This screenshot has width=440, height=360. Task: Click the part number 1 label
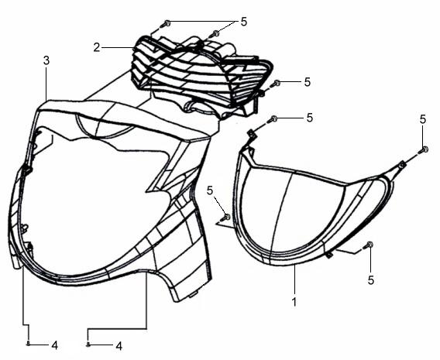coord(294,302)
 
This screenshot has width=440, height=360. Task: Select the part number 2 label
coord(97,47)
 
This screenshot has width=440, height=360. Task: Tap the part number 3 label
coord(46,60)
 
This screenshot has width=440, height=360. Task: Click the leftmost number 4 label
coord(55,345)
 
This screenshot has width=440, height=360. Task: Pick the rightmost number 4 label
coord(119,346)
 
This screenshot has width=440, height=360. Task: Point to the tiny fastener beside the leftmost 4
coord(28,344)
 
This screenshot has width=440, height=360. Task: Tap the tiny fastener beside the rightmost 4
coord(88,344)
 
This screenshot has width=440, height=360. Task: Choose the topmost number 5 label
coord(243,22)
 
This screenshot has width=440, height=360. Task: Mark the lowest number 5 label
coord(371,279)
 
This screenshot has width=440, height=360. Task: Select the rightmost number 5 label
coord(423,119)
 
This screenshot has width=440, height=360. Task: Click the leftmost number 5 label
coord(210,190)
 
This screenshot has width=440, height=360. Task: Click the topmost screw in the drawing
coord(165,23)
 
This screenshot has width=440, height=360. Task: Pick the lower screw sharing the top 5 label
coord(214,33)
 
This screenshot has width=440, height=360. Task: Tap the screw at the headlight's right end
coord(275,84)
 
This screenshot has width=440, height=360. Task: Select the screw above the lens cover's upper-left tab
coord(272,119)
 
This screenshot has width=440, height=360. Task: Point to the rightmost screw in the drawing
coord(424,150)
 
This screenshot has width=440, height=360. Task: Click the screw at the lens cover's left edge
coord(226,217)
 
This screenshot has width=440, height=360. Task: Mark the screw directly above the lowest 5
coord(368,245)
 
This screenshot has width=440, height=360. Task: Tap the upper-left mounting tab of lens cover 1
coord(252,135)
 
